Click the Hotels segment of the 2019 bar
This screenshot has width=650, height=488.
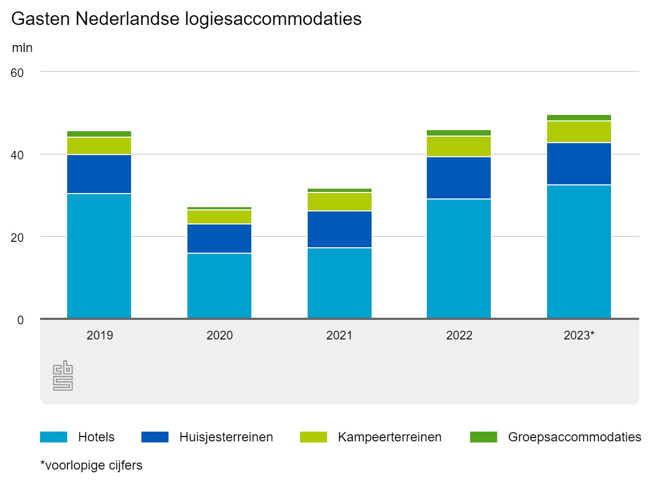pos(99,255)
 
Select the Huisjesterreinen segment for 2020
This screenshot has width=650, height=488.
pos(219,239)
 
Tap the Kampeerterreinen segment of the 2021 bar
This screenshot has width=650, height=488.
pos(340,202)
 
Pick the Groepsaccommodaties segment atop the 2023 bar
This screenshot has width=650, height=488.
pos(579,118)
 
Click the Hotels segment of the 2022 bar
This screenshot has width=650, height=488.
pos(459,259)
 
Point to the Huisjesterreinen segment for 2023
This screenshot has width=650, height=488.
pos(579,164)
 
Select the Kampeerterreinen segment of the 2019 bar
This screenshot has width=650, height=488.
pos(99,146)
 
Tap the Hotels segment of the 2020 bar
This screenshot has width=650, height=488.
pos(219,286)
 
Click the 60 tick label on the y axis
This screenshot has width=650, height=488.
pos(17,73)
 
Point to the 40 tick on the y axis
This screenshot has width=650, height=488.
pos(17,155)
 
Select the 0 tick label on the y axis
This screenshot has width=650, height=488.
pos(21,320)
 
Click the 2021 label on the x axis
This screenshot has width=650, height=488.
pos(339,336)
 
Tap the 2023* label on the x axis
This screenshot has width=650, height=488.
pos(579,336)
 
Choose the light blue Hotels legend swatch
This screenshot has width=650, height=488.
pos(54,437)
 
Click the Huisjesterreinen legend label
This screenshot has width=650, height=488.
pos(226,437)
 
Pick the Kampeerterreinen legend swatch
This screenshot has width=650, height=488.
pos(314,437)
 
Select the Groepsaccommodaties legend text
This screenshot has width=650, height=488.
pos(575,437)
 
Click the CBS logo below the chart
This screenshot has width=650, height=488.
pos(63,375)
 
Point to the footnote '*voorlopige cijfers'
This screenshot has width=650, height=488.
pos(92,465)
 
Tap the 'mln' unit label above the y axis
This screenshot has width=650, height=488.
pos(22,48)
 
